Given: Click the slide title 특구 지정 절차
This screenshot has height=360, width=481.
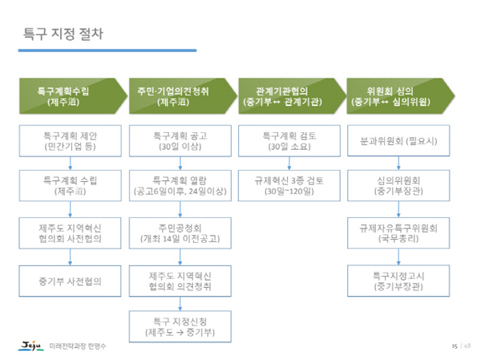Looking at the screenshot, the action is (x=63, y=34).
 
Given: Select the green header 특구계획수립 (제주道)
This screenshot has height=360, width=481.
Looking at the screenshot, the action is (x=73, y=96).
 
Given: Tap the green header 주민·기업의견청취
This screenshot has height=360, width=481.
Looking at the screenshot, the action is (x=183, y=96).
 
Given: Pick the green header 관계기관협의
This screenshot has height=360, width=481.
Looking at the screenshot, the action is (x=292, y=96).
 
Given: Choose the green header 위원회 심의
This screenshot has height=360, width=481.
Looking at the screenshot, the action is (x=401, y=96).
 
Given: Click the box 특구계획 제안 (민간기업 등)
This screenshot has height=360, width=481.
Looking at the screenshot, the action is (x=70, y=141).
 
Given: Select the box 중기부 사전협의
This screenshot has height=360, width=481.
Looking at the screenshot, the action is (x=70, y=281).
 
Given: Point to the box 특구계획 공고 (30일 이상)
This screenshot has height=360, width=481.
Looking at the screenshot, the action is (x=180, y=141).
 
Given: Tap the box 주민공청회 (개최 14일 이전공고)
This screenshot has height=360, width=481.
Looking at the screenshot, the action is (x=180, y=233).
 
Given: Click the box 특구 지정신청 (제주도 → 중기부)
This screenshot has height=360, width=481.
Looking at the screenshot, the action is (x=180, y=326).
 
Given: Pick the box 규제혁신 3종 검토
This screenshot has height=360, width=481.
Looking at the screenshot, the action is (x=289, y=186).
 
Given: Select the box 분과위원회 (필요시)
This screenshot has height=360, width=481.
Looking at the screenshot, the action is (x=398, y=140).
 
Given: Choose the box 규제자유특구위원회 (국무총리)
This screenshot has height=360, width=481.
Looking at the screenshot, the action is (x=398, y=233).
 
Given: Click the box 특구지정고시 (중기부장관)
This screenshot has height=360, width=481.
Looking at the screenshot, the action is (x=398, y=281).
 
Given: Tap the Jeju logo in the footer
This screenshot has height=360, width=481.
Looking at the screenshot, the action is (x=30, y=346).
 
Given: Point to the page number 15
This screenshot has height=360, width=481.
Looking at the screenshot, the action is (x=455, y=346).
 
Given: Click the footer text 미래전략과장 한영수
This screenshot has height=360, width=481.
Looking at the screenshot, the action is (x=78, y=346).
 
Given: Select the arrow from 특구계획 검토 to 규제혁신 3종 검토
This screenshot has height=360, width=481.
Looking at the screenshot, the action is (x=289, y=164).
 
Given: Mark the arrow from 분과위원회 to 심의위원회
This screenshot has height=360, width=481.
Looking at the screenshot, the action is (x=398, y=163).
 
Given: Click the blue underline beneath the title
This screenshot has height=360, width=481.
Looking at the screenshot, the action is (x=107, y=51).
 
